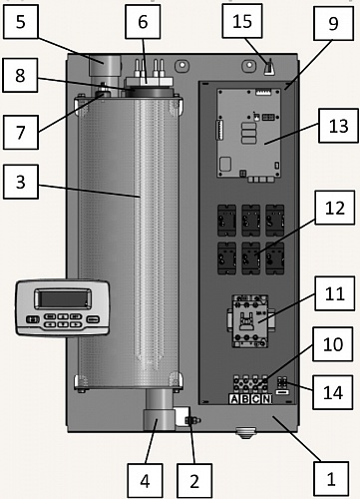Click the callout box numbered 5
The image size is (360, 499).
[x=20, y=22]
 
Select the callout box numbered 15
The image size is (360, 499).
[x=242, y=21]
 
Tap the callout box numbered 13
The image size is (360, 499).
[x=338, y=126]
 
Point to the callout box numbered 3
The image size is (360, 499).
[x=21, y=182]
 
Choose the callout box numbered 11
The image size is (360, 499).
[x=334, y=293]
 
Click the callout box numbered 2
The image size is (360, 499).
[x=194, y=481]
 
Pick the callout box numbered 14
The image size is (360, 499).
[x=333, y=392]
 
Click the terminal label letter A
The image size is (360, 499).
[x=234, y=399]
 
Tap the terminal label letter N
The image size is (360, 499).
[x=266, y=399]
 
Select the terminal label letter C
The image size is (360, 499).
[x=255, y=399]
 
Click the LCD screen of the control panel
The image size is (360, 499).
[x=63, y=298]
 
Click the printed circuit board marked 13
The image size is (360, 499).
[x=249, y=133]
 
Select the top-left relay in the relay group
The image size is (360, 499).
[x=226, y=221]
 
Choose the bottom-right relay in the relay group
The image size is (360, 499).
[x=275, y=258]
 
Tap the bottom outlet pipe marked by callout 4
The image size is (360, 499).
[x=160, y=410]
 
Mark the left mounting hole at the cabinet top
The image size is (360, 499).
[x=181, y=64]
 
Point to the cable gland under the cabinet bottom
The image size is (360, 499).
[x=245, y=433]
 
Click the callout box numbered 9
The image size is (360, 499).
[x=333, y=23]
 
